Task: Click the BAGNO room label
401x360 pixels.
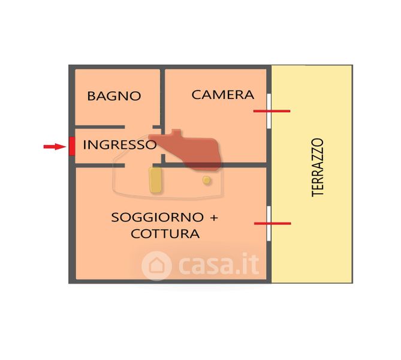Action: pos(114,96)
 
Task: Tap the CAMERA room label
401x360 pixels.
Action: pos(222,95)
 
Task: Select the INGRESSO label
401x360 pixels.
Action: pos(119,145)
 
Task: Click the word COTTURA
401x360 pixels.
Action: pos(165,233)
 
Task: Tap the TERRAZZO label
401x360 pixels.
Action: pos(318,167)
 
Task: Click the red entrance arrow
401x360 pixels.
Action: pos(55,146)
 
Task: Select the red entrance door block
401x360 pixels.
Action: pos(71,146)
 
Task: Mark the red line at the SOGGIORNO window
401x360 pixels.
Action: pos(272,223)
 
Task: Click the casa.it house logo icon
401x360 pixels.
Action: pos(156,265)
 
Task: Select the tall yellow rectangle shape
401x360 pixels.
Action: pos(155,180)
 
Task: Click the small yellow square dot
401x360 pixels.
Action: pos(207,180)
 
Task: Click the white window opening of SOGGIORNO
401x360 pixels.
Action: pos(269,223)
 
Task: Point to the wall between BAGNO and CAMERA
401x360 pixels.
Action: pos(162,96)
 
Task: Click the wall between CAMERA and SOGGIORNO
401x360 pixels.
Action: pos(216,164)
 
